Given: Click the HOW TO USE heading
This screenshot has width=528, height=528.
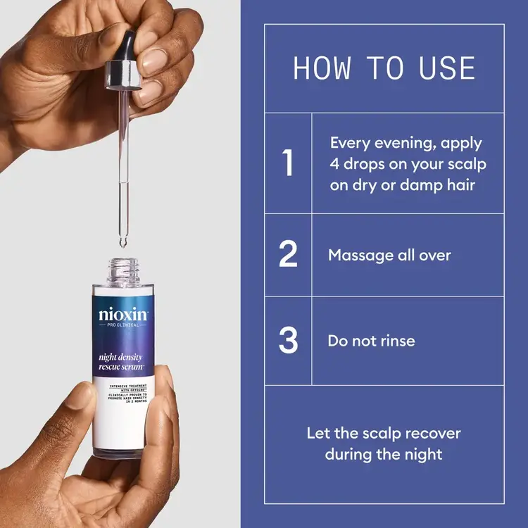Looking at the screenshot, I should [384, 68].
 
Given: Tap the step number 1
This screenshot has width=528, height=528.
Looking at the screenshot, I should [288, 163].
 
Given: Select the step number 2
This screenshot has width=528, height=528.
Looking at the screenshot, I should [288, 254].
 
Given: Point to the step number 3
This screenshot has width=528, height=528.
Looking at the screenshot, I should [288, 341].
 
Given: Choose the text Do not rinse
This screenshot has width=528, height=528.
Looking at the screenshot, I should [371, 341].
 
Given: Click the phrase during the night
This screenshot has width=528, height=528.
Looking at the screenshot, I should [384, 454].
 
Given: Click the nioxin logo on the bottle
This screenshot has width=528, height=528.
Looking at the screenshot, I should [123, 314].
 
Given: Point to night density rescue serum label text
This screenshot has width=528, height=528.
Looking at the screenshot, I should [122, 363].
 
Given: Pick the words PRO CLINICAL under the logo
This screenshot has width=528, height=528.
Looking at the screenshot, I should [125, 327].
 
